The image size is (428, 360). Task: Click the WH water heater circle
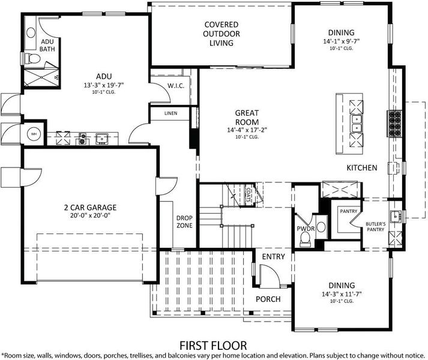(x=34, y=134)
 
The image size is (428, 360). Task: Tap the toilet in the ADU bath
(x=32, y=58)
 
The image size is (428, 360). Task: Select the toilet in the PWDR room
(x=305, y=239)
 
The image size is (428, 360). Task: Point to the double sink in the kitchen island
(x=357, y=124)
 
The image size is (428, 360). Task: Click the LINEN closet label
(x=171, y=113)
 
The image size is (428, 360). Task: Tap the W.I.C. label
(x=176, y=86)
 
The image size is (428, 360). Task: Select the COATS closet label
(x=249, y=194)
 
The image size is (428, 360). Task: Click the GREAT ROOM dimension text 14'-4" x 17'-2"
(x=247, y=130)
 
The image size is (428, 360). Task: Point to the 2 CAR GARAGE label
(x=91, y=208)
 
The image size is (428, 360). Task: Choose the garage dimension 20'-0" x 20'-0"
(x=91, y=215)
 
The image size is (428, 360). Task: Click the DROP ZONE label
(x=184, y=221)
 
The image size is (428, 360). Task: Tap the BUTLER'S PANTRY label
(x=376, y=227)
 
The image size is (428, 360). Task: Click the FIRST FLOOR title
(x=213, y=346)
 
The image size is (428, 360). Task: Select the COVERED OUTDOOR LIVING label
(x=222, y=34)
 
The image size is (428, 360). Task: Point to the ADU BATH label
(x=47, y=46)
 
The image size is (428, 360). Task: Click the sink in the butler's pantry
(x=396, y=217)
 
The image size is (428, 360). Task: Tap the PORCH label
(x=268, y=299)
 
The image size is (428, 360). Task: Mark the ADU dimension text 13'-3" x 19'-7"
(x=104, y=85)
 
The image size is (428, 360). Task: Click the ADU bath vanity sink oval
(x=31, y=33)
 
